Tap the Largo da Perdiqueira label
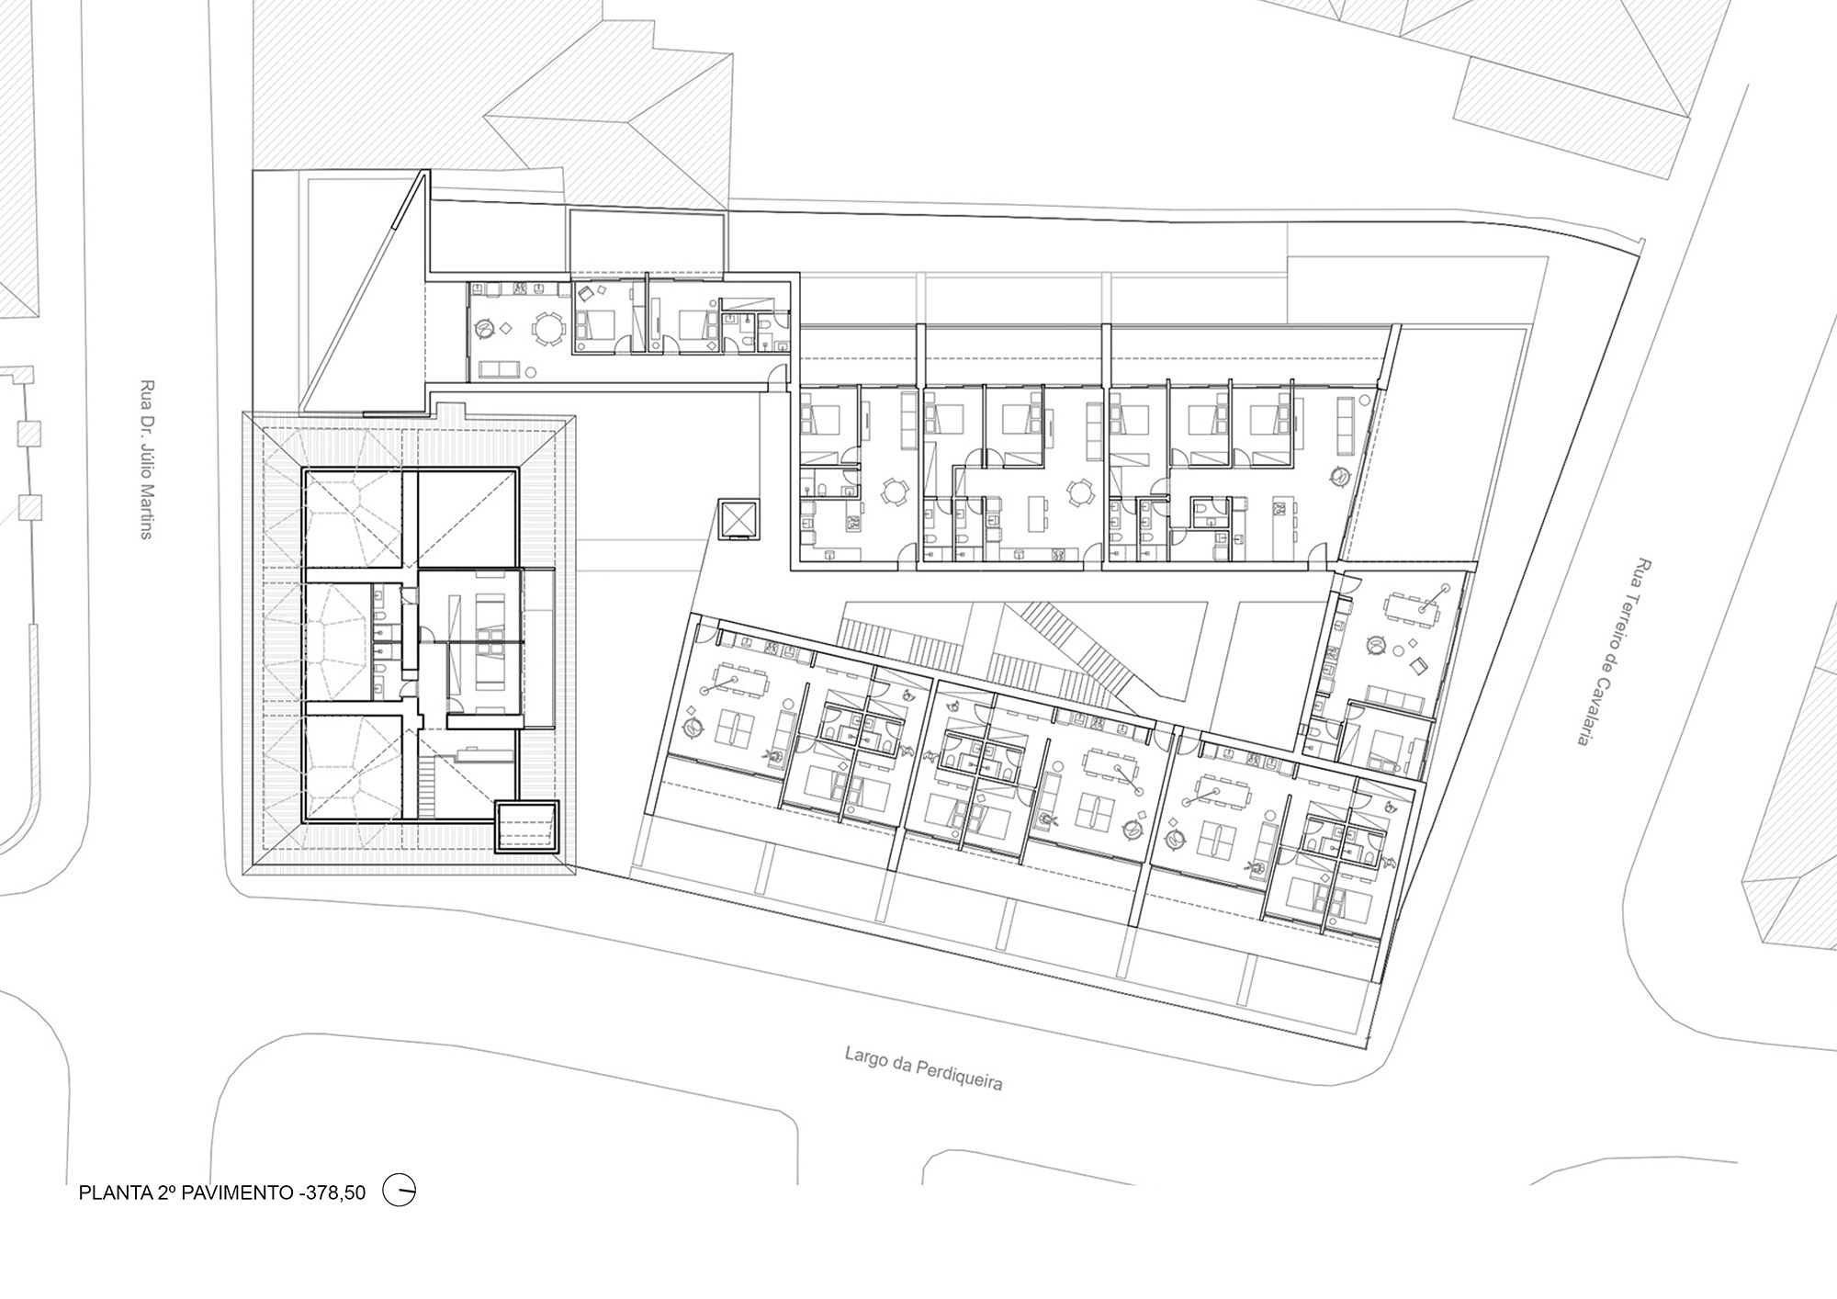point(924,1069)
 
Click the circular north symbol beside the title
point(400,1192)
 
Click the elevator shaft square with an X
point(738,521)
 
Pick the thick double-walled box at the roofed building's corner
point(526,827)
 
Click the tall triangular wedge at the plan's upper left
point(363,299)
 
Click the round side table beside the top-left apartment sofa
point(533,372)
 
